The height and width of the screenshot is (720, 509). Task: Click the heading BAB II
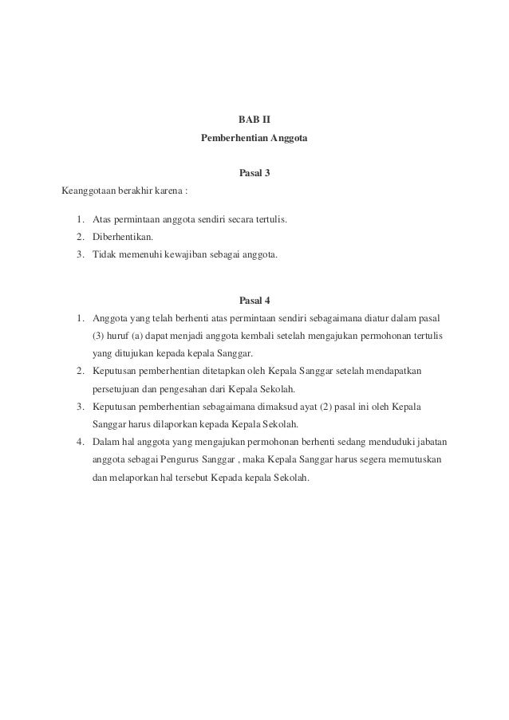click(254, 120)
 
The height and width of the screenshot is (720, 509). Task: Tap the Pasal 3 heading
click(254, 173)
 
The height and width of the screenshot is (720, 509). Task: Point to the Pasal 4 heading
click(254, 301)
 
